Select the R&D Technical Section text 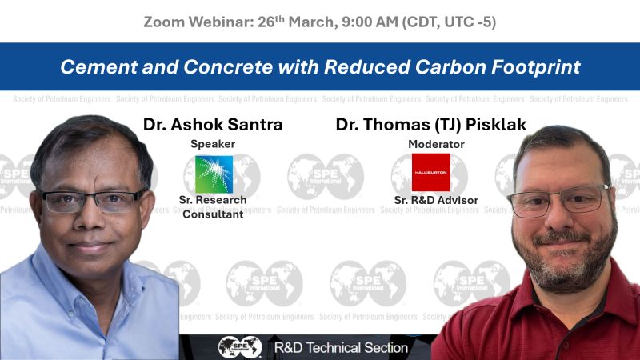tap(341, 348)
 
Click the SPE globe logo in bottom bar tap(240, 347)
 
